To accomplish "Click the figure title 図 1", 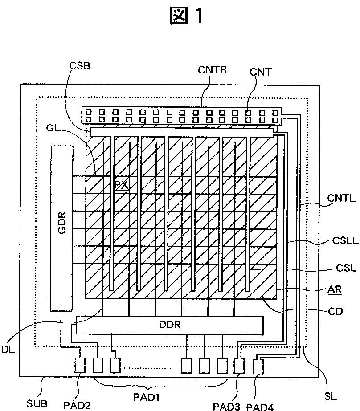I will click(x=187, y=16).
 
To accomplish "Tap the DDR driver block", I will click(x=170, y=325).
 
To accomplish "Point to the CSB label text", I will click(x=79, y=65).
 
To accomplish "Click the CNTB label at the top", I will click(x=213, y=69).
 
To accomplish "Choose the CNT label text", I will click(x=260, y=72).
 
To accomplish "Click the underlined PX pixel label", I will click(x=122, y=185).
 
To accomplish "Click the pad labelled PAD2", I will click(x=81, y=366).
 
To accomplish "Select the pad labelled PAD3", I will click(x=239, y=366).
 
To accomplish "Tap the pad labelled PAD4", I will click(x=258, y=367).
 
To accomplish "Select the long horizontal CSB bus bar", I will click(x=181, y=132).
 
